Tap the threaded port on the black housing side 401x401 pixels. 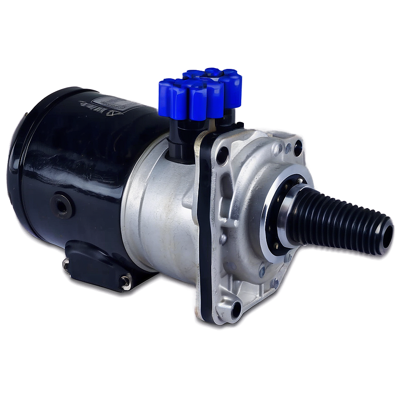tap(62, 205)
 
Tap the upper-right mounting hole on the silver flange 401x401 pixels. tap(298, 148)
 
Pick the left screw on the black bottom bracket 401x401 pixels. tap(67, 264)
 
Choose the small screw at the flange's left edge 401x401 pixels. tap(223, 239)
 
